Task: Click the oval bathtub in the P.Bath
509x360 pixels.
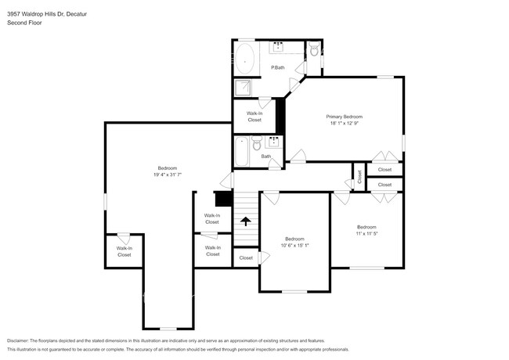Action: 246,59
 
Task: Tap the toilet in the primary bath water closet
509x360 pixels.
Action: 313,51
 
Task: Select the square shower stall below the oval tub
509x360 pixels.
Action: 244,87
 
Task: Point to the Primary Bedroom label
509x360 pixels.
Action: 344,117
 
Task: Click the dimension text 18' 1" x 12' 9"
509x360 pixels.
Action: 344,123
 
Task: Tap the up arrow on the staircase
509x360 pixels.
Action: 246,221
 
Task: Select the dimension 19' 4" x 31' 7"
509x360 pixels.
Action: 168,175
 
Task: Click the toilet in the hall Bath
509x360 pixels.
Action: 256,144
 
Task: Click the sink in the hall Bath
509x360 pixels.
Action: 274,142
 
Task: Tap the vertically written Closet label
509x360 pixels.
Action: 360,177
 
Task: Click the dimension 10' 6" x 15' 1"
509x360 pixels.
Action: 294,245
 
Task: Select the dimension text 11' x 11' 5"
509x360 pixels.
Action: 366,232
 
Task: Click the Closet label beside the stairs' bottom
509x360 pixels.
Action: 246,257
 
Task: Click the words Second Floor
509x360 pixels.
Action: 24,23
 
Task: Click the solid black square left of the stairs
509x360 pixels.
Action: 224,200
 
